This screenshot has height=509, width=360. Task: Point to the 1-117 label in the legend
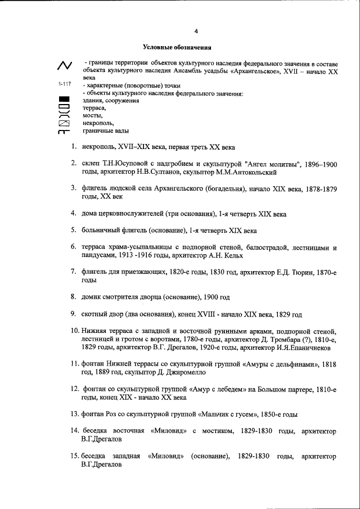pos(65,84)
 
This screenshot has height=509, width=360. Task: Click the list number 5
pos(74,229)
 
